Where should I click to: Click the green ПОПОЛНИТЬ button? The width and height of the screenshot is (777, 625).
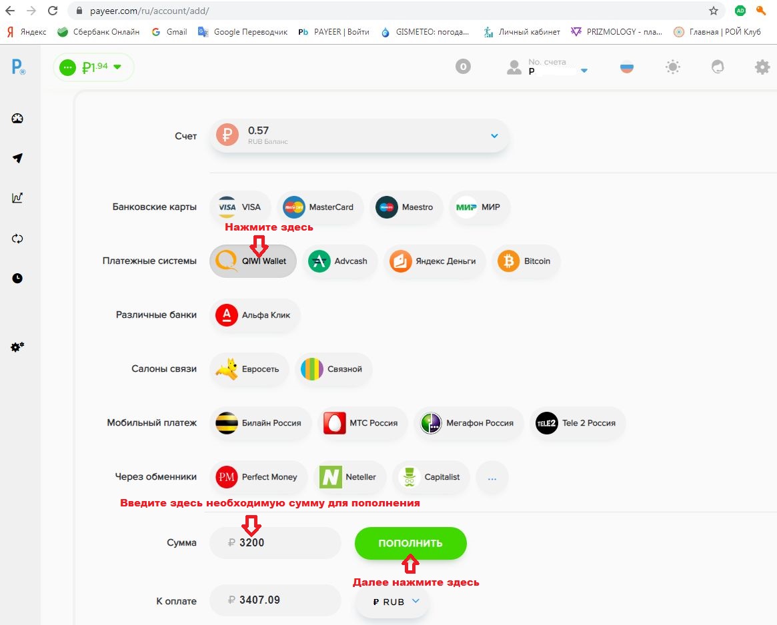pyautogui.click(x=410, y=543)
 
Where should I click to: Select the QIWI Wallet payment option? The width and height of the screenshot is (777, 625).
pyautogui.click(x=253, y=261)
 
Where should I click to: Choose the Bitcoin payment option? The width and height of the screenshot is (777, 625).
pyautogui.click(x=526, y=261)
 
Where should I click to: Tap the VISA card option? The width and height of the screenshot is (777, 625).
pyautogui.click(x=240, y=207)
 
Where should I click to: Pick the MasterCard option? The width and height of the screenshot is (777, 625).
pyautogui.click(x=319, y=207)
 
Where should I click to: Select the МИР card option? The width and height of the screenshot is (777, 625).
pyautogui.click(x=479, y=207)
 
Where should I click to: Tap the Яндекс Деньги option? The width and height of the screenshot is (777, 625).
pyautogui.click(x=434, y=261)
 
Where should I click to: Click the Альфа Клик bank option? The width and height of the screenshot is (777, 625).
pyautogui.click(x=255, y=315)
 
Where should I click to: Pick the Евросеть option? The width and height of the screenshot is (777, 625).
pyautogui.click(x=249, y=369)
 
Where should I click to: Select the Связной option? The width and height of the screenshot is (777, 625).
pyautogui.click(x=333, y=369)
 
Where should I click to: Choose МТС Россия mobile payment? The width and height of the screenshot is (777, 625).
pyautogui.click(x=361, y=423)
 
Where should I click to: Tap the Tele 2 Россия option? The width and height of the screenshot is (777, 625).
pyautogui.click(x=577, y=423)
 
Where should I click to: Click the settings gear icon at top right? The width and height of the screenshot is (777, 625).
pyautogui.click(x=762, y=67)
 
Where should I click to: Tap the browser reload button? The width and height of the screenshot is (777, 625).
pyautogui.click(x=53, y=11)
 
